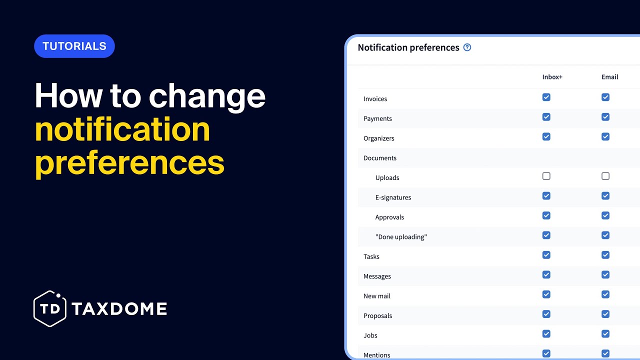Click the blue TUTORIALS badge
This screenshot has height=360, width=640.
(x=74, y=46)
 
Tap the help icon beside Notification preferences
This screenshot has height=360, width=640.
(x=467, y=47)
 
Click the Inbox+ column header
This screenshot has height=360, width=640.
(x=552, y=77)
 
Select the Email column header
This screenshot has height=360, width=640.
(x=609, y=77)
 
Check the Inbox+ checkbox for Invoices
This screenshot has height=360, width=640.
(x=546, y=97)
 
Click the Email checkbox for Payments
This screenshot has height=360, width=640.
(x=605, y=117)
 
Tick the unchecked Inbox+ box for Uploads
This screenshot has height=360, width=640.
(x=546, y=176)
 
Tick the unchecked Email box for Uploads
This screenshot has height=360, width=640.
(x=605, y=176)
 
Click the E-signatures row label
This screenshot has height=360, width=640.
(x=393, y=197)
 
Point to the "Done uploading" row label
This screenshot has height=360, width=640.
(x=401, y=237)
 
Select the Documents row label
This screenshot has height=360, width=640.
(x=380, y=158)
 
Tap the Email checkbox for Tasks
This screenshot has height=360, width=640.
(x=605, y=255)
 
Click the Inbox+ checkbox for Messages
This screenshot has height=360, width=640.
(x=546, y=274)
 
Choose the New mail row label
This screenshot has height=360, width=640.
(x=377, y=296)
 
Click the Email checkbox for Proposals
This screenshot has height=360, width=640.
(x=605, y=314)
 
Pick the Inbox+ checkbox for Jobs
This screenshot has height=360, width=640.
(x=546, y=333)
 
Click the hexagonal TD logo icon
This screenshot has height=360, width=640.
(x=50, y=308)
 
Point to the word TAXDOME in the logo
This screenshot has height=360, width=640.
(x=119, y=309)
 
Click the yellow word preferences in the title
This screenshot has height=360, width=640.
(x=129, y=162)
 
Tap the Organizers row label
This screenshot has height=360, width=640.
(x=379, y=138)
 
